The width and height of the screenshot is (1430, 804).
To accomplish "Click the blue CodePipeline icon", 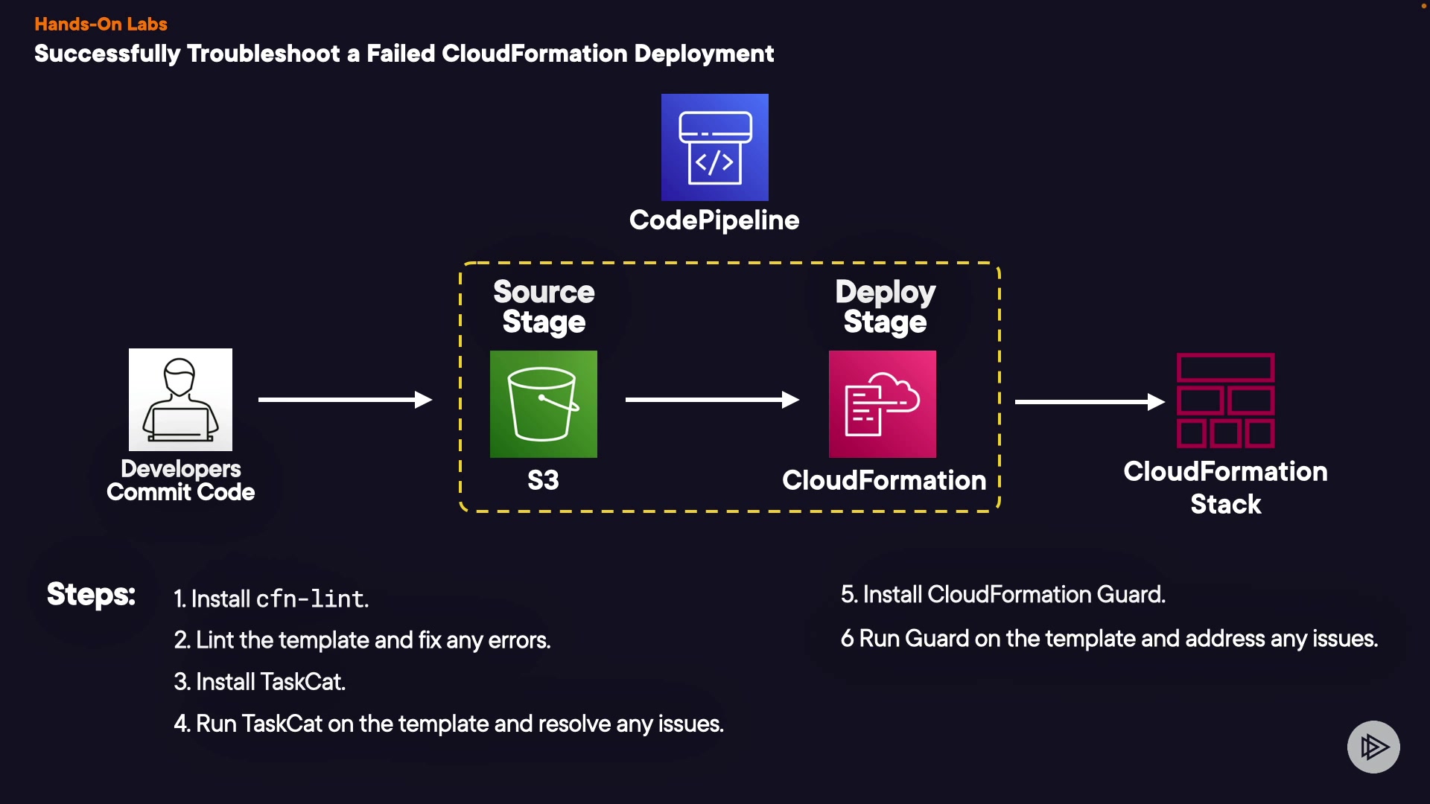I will pos(714,147).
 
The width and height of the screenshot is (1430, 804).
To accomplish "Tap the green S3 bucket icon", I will pos(543,404).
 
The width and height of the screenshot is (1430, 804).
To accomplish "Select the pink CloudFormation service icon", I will pos(883,404).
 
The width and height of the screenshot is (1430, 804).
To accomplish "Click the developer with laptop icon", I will pos(180,400).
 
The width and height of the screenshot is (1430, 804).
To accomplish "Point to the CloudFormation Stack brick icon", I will pos(1225,401).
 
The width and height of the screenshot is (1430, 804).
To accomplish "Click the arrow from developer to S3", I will pos(345,400).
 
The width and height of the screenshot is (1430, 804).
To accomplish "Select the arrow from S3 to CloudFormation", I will pos(712,400).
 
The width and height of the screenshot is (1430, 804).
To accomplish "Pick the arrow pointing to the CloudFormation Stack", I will pos(1090,402).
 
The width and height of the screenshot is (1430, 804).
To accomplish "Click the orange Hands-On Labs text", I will pos(101,24).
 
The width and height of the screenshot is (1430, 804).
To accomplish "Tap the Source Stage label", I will pos(544,307).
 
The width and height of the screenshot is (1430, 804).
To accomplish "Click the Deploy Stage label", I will pos(885,307).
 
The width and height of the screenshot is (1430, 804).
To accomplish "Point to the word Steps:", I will pos(91,594).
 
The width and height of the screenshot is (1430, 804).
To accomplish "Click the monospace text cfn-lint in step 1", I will pos(311,599).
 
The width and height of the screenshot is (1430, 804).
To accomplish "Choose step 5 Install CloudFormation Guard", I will pos(1002,594).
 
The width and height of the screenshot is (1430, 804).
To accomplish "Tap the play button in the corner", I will pos(1373,747).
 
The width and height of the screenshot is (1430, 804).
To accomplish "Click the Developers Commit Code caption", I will pos(180,480).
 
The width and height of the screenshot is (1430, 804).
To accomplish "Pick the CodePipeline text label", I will pos(714,220).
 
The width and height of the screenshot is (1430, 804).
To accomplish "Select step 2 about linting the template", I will pos(362,640).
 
